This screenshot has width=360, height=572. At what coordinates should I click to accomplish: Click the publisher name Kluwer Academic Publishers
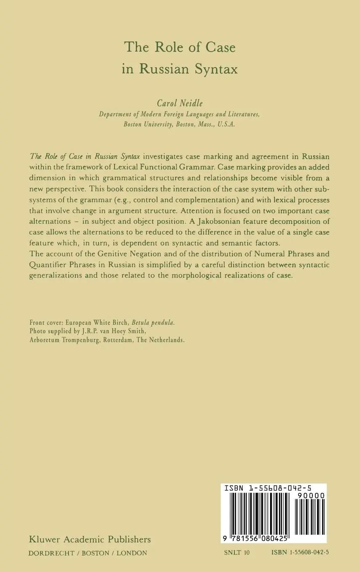[90, 539]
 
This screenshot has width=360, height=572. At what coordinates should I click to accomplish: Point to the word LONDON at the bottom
[132, 553]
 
